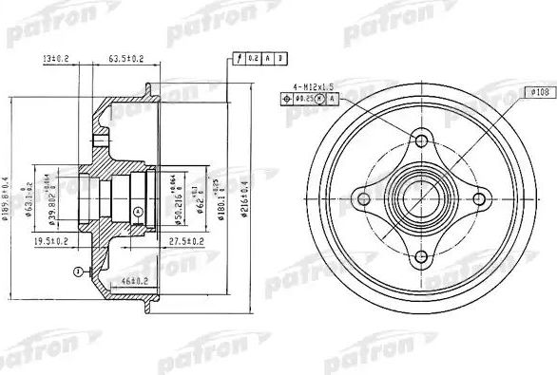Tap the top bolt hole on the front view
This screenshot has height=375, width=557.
pyautogui.click(x=418, y=143)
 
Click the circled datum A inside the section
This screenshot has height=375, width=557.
pyautogui.click(x=139, y=210)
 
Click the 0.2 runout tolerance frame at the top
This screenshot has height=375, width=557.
pyautogui.click(x=252, y=60)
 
